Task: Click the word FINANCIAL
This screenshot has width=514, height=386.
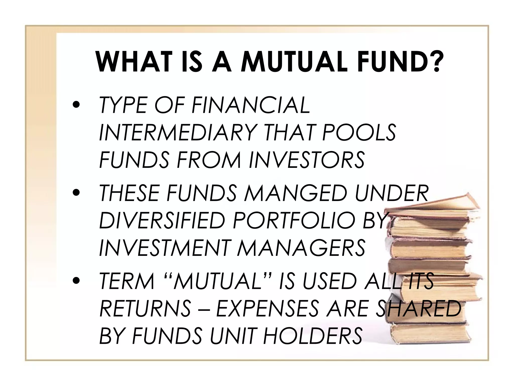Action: (x=251, y=105)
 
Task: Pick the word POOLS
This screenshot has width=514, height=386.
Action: (x=359, y=132)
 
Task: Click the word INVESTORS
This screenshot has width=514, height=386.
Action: (x=306, y=160)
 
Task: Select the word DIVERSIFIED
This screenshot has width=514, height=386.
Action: (x=162, y=220)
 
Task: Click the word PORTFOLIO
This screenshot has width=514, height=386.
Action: (x=293, y=220)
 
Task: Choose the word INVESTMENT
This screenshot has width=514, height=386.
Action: (x=164, y=248)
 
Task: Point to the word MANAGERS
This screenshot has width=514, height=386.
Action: (x=301, y=248)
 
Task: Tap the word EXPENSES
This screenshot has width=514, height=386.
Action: (x=267, y=308)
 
